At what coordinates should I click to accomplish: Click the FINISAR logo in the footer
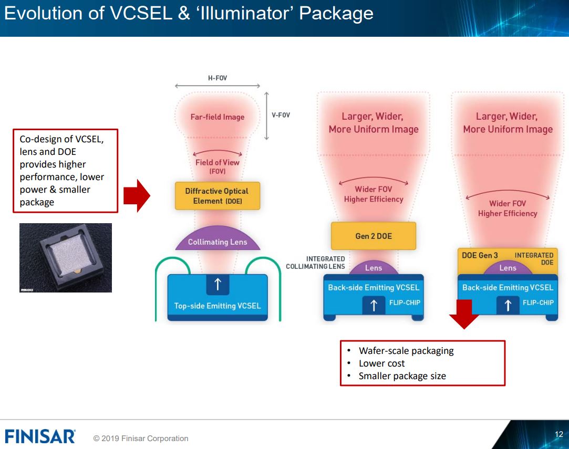(40, 436)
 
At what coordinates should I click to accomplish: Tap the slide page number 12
(558, 434)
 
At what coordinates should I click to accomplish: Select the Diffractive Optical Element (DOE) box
(217, 196)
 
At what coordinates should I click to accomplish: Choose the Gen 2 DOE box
(373, 236)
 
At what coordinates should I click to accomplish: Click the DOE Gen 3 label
(480, 255)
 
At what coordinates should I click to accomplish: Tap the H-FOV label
(218, 78)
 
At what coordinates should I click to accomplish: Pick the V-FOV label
(281, 115)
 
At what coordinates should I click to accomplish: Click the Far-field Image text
(218, 117)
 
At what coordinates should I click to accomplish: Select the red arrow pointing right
(137, 196)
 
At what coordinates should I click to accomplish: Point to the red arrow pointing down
(464, 314)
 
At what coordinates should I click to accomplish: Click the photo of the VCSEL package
(66, 257)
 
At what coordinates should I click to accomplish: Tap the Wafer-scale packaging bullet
(406, 351)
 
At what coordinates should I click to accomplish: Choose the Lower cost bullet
(381, 363)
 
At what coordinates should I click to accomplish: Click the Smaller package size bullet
(402, 376)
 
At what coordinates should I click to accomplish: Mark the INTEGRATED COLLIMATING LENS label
(316, 263)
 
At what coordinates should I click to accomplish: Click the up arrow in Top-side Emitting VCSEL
(218, 285)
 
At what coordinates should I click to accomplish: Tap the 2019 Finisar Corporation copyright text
(141, 438)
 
